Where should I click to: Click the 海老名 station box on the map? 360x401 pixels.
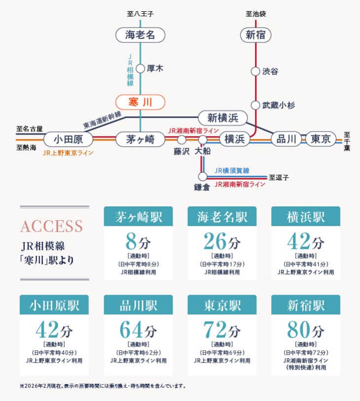click(x=140, y=35)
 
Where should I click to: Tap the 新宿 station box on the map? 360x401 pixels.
click(x=255, y=35)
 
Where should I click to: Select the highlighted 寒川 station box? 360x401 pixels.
click(x=140, y=102)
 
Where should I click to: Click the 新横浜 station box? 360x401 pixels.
click(x=222, y=118)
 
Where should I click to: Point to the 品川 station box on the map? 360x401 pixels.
click(x=286, y=139)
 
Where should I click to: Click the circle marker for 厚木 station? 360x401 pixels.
click(x=140, y=69)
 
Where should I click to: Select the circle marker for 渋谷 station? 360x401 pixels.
click(x=255, y=71)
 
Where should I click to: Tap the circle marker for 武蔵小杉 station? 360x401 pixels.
click(x=255, y=105)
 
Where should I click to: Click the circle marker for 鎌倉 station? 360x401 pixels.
click(x=202, y=176)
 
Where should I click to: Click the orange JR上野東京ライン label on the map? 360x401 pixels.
click(x=68, y=153)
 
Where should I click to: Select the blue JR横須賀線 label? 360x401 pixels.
click(x=232, y=170)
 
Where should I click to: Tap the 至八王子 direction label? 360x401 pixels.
click(x=141, y=14)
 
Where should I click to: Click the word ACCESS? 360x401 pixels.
click(x=51, y=226)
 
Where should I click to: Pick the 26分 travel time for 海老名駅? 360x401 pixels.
click(x=222, y=241)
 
